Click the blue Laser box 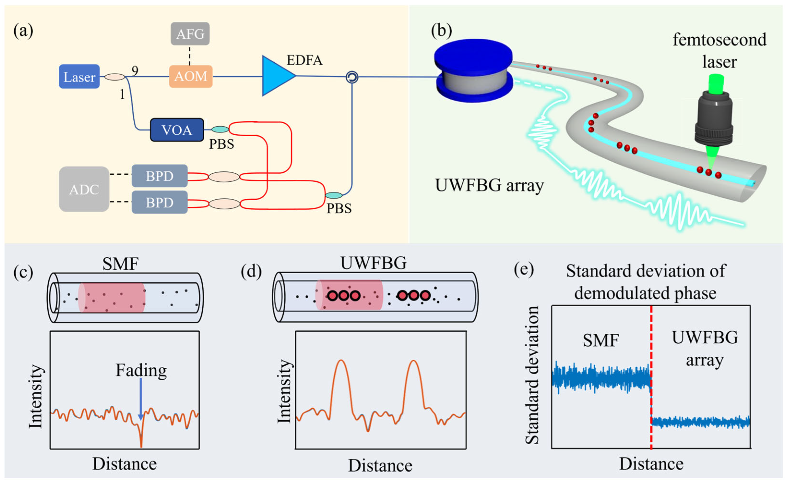(x=79, y=77)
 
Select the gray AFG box (x=190, y=34)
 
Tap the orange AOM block (x=191, y=76)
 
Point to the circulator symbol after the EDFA (x=352, y=77)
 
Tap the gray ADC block (x=84, y=189)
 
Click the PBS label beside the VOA (x=221, y=144)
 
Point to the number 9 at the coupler (x=135, y=71)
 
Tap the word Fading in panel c (x=141, y=370)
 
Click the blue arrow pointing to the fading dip (x=141, y=399)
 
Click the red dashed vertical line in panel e (x=651, y=377)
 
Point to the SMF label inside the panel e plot (x=601, y=340)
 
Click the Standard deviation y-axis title (x=532, y=375)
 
